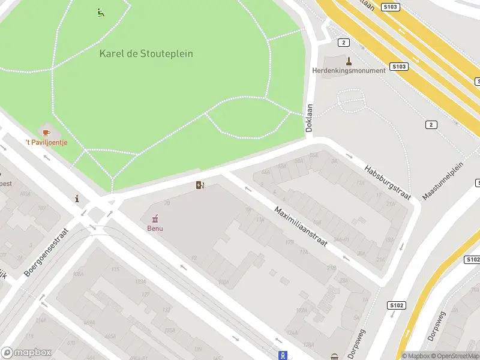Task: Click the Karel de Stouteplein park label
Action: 146,53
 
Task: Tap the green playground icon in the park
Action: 100,12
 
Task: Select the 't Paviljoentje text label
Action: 46,142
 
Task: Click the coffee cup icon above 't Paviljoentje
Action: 46,131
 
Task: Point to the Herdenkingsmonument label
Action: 349,70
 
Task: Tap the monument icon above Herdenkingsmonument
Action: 349,60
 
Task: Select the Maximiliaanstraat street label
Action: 305,236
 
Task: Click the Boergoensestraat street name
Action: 47,251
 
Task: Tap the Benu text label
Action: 155,228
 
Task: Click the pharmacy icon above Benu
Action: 155,218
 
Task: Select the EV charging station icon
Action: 200,185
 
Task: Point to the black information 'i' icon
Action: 76,199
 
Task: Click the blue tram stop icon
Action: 283,355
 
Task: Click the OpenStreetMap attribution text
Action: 456,356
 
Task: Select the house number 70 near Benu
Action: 167,203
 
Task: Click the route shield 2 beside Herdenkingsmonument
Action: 343,42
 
